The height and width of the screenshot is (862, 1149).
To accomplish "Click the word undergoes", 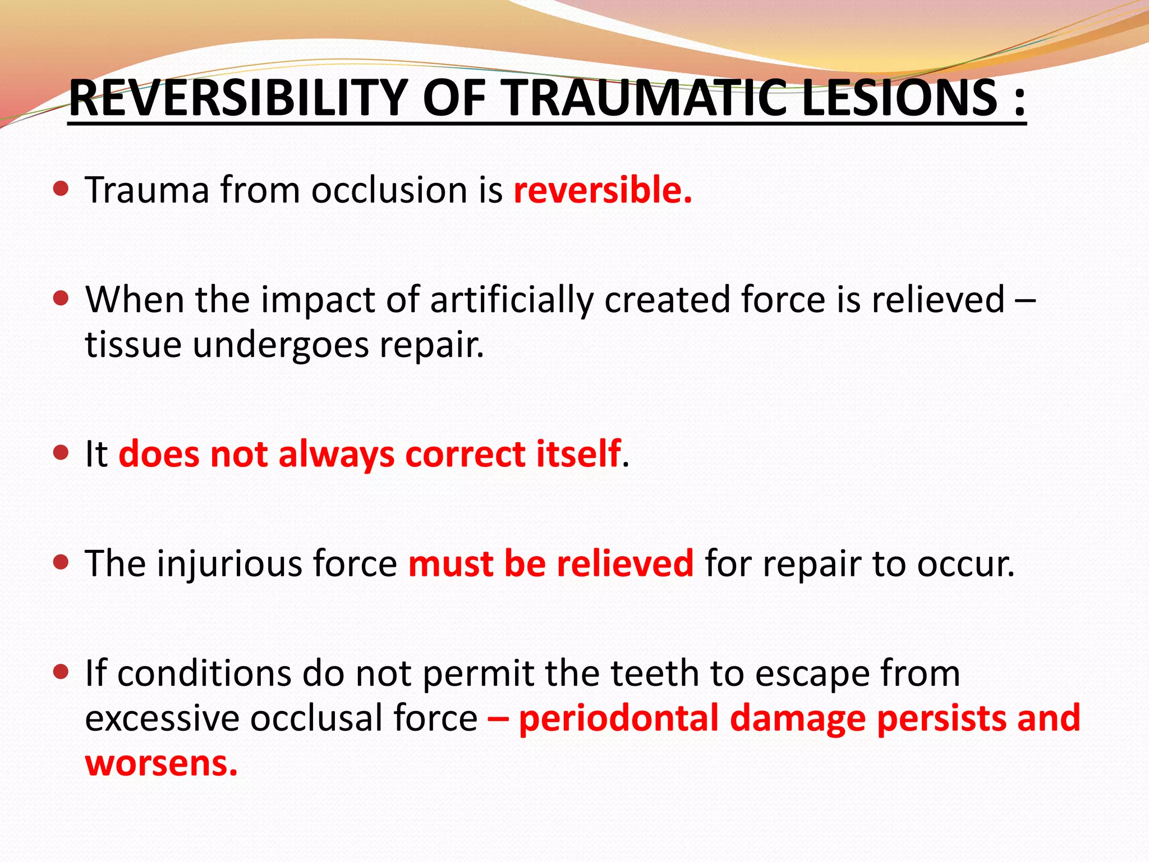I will [281, 345].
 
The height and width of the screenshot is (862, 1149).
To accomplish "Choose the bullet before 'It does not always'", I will [61, 452].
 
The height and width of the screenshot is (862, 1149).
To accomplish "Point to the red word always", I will [337, 455].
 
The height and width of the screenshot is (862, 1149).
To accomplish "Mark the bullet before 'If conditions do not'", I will [61, 672].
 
